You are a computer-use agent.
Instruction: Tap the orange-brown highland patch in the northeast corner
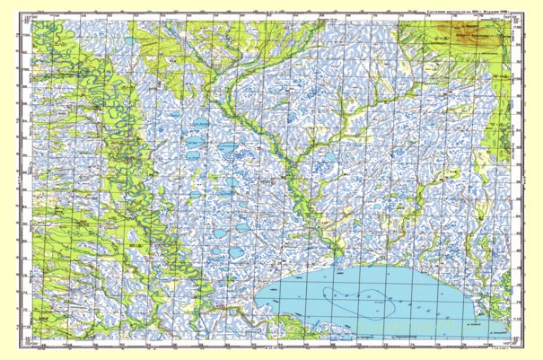pyautogui.click(x=458, y=36)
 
